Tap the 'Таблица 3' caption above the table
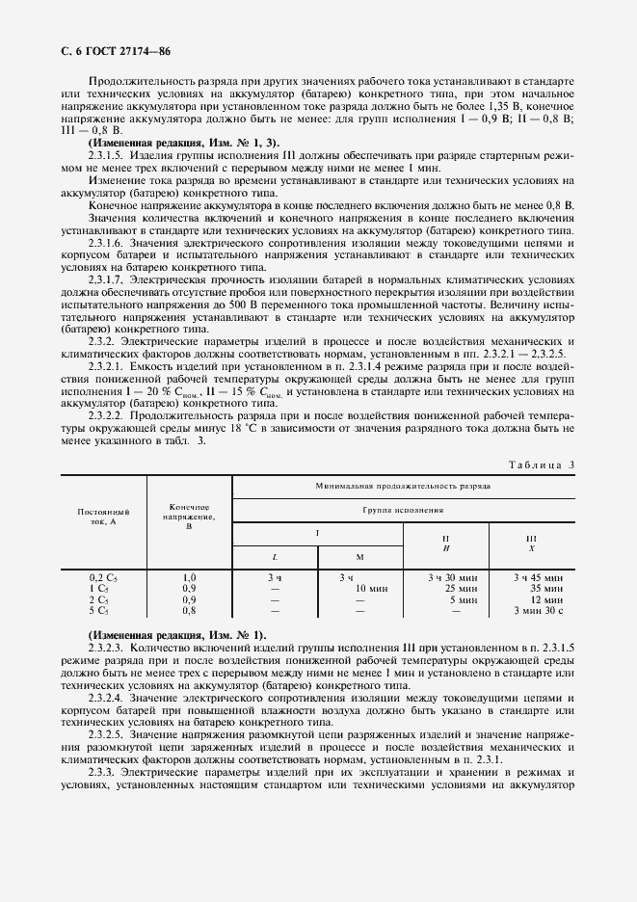tap(541, 464)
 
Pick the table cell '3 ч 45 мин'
tap(533, 577)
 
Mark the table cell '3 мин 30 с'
tap(533, 609)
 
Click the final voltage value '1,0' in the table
tap(190, 577)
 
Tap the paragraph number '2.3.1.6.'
tap(111, 244)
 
